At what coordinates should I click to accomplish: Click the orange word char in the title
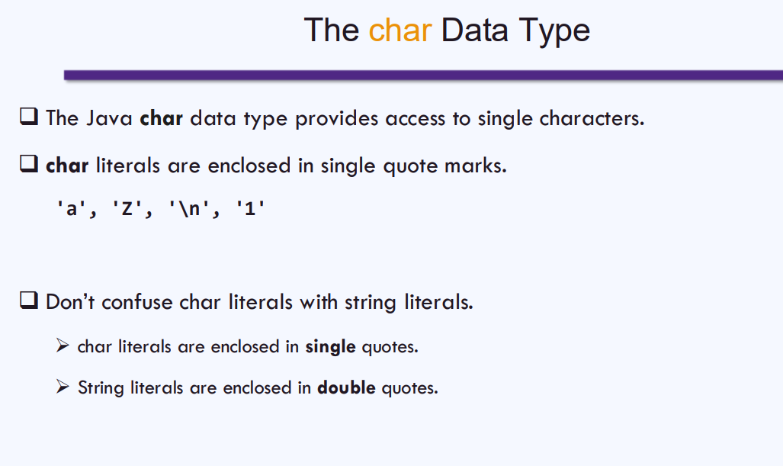tap(400, 30)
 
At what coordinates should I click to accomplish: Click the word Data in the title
tap(474, 30)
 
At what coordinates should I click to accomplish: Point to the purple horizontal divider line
tap(423, 76)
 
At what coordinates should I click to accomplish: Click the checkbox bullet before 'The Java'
tap(29, 117)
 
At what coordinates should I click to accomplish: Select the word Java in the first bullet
tap(109, 118)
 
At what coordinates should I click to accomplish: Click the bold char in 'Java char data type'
tap(162, 118)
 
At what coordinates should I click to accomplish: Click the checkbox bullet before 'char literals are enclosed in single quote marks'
tap(29, 163)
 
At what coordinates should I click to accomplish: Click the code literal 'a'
tap(72, 208)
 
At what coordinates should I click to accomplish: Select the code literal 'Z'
tap(127, 208)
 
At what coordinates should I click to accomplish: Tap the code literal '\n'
tap(189, 208)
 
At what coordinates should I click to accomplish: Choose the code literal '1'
tap(250, 208)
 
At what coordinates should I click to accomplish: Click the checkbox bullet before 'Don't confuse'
tap(29, 300)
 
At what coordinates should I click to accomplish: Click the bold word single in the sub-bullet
tap(331, 346)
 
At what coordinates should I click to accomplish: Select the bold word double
tap(347, 387)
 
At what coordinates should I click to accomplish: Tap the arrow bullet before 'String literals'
tap(63, 387)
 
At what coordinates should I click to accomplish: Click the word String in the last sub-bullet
tap(101, 388)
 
